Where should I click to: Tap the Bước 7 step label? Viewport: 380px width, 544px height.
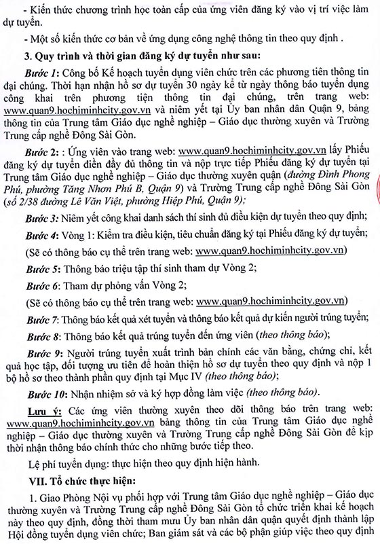tap(56, 319)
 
